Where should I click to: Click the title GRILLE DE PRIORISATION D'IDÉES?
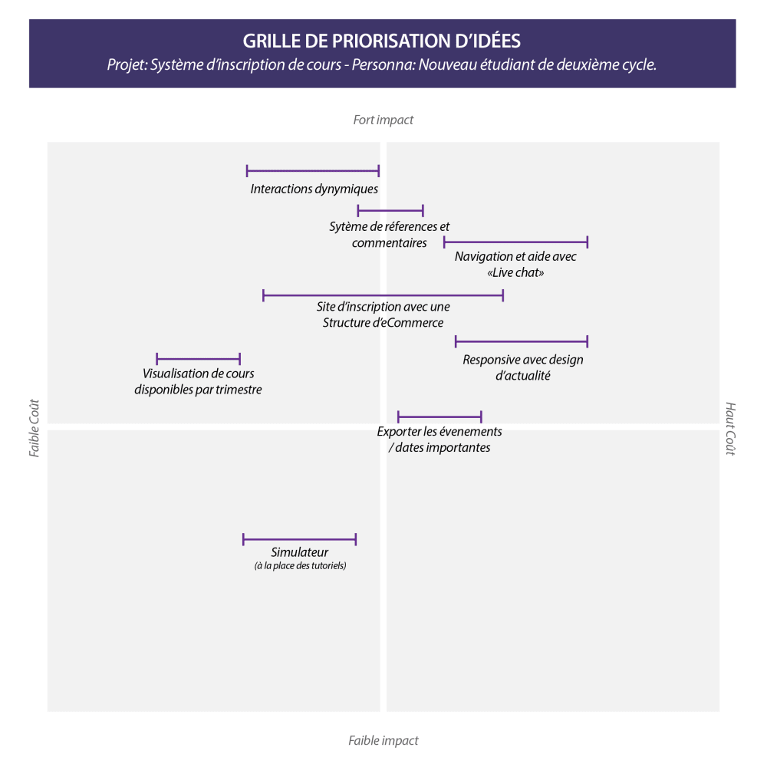382,41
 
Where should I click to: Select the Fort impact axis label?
383,120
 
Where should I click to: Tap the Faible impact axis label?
383,740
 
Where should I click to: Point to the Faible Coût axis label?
35,428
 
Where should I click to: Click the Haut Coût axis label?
730,428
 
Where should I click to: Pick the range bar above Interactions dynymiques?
313,171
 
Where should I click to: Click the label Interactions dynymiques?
314,189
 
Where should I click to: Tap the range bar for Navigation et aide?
515,242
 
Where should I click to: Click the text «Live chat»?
515,272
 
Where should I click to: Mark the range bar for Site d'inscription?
383,295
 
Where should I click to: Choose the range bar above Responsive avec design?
522,341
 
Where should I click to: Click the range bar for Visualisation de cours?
198,359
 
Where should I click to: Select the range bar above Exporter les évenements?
439,417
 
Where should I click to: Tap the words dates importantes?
443,447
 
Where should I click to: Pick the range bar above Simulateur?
299,540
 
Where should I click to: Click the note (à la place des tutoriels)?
300,566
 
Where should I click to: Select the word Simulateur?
299,552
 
